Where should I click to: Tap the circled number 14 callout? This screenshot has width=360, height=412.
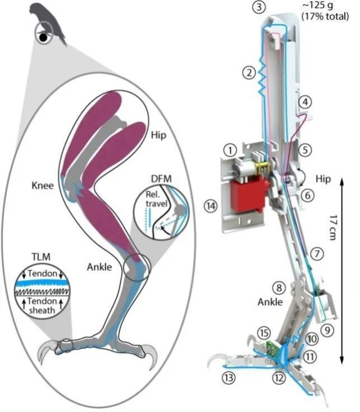tap(212, 206)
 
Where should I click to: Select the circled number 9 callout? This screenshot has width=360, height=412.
tap(327, 330)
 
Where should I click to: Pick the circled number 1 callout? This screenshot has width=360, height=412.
tap(228, 151)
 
